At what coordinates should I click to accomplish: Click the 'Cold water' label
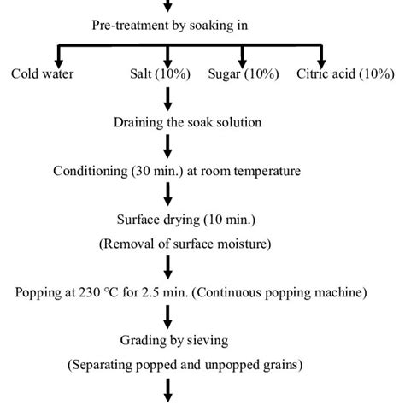42,73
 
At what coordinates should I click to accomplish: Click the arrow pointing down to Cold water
17,53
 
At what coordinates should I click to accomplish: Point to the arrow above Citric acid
321,53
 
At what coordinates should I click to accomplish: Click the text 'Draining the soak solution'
187,122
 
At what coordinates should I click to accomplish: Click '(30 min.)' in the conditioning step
158,171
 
